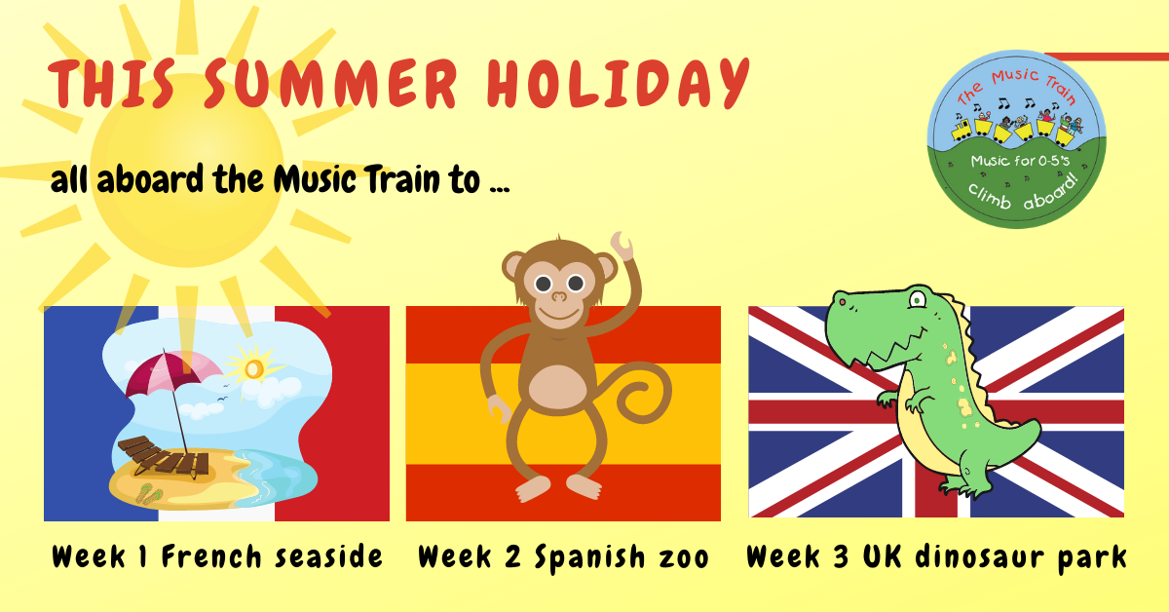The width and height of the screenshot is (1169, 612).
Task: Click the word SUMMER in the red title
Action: click(331, 84)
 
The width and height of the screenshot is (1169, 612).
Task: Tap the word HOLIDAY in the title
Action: click(619, 83)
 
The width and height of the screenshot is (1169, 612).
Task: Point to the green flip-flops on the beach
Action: click(149, 493)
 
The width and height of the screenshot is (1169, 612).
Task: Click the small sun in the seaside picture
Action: click(254, 368)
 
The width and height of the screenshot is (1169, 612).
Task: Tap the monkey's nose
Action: click(559, 296)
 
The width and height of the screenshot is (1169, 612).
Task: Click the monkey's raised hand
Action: click(622, 246)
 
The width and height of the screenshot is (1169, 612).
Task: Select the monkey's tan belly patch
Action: click(558, 388)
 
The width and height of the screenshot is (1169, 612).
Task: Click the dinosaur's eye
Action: click(917, 300)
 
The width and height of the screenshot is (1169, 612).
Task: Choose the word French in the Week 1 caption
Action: click(211, 556)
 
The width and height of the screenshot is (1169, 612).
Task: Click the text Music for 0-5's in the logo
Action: click(1020, 162)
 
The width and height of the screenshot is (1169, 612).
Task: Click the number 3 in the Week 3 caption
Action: click(840, 556)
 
